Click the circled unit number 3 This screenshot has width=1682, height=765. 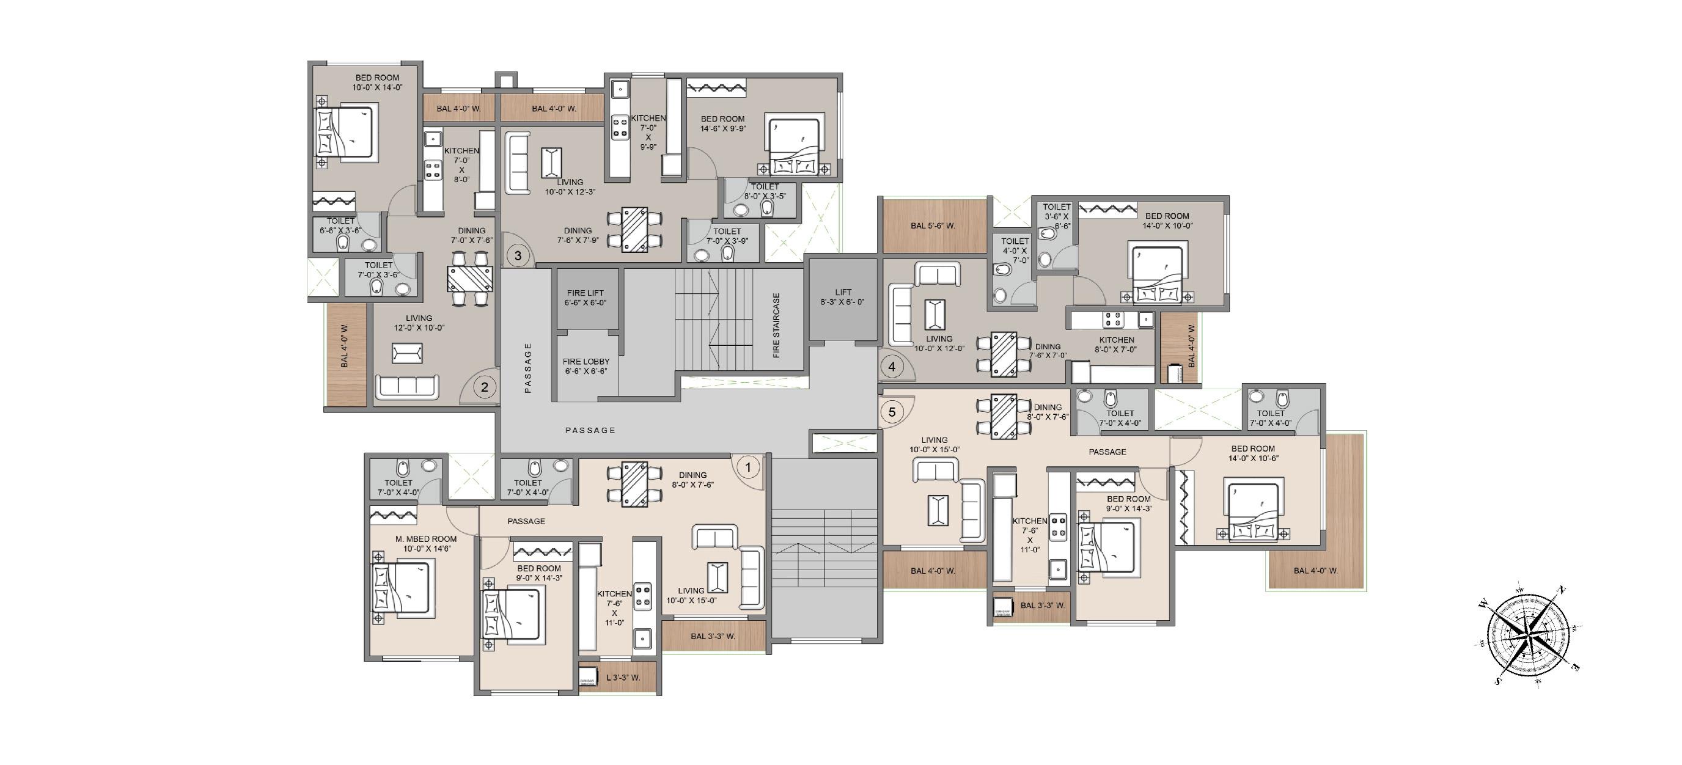(x=518, y=256)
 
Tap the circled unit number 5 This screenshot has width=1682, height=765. (x=892, y=412)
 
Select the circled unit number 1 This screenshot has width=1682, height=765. (x=748, y=467)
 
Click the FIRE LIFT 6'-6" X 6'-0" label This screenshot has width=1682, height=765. (x=585, y=298)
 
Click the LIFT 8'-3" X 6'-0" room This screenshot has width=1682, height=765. (x=843, y=298)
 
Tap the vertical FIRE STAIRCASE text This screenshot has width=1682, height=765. (x=776, y=325)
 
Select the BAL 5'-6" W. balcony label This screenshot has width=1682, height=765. (x=933, y=226)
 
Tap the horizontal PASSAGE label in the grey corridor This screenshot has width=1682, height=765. (x=590, y=430)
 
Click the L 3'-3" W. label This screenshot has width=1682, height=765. (x=623, y=678)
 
